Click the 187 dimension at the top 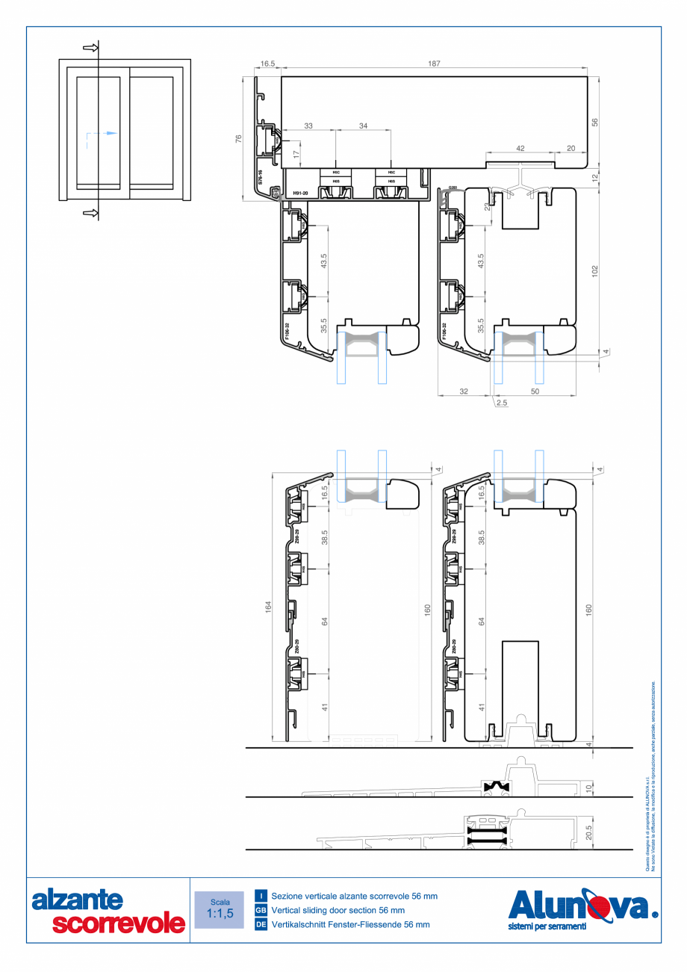(x=434, y=65)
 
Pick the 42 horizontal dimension (x=520, y=149)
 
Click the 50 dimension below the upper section (x=535, y=391)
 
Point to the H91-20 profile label (x=300, y=194)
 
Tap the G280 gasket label (x=453, y=188)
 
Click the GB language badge (x=261, y=911)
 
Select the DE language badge (x=261, y=924)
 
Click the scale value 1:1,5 (x=220, y=913)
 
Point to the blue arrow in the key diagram (x=110, y=134)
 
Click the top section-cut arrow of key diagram (x=90, y=48)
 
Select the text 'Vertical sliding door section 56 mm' (x=338, y=911)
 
